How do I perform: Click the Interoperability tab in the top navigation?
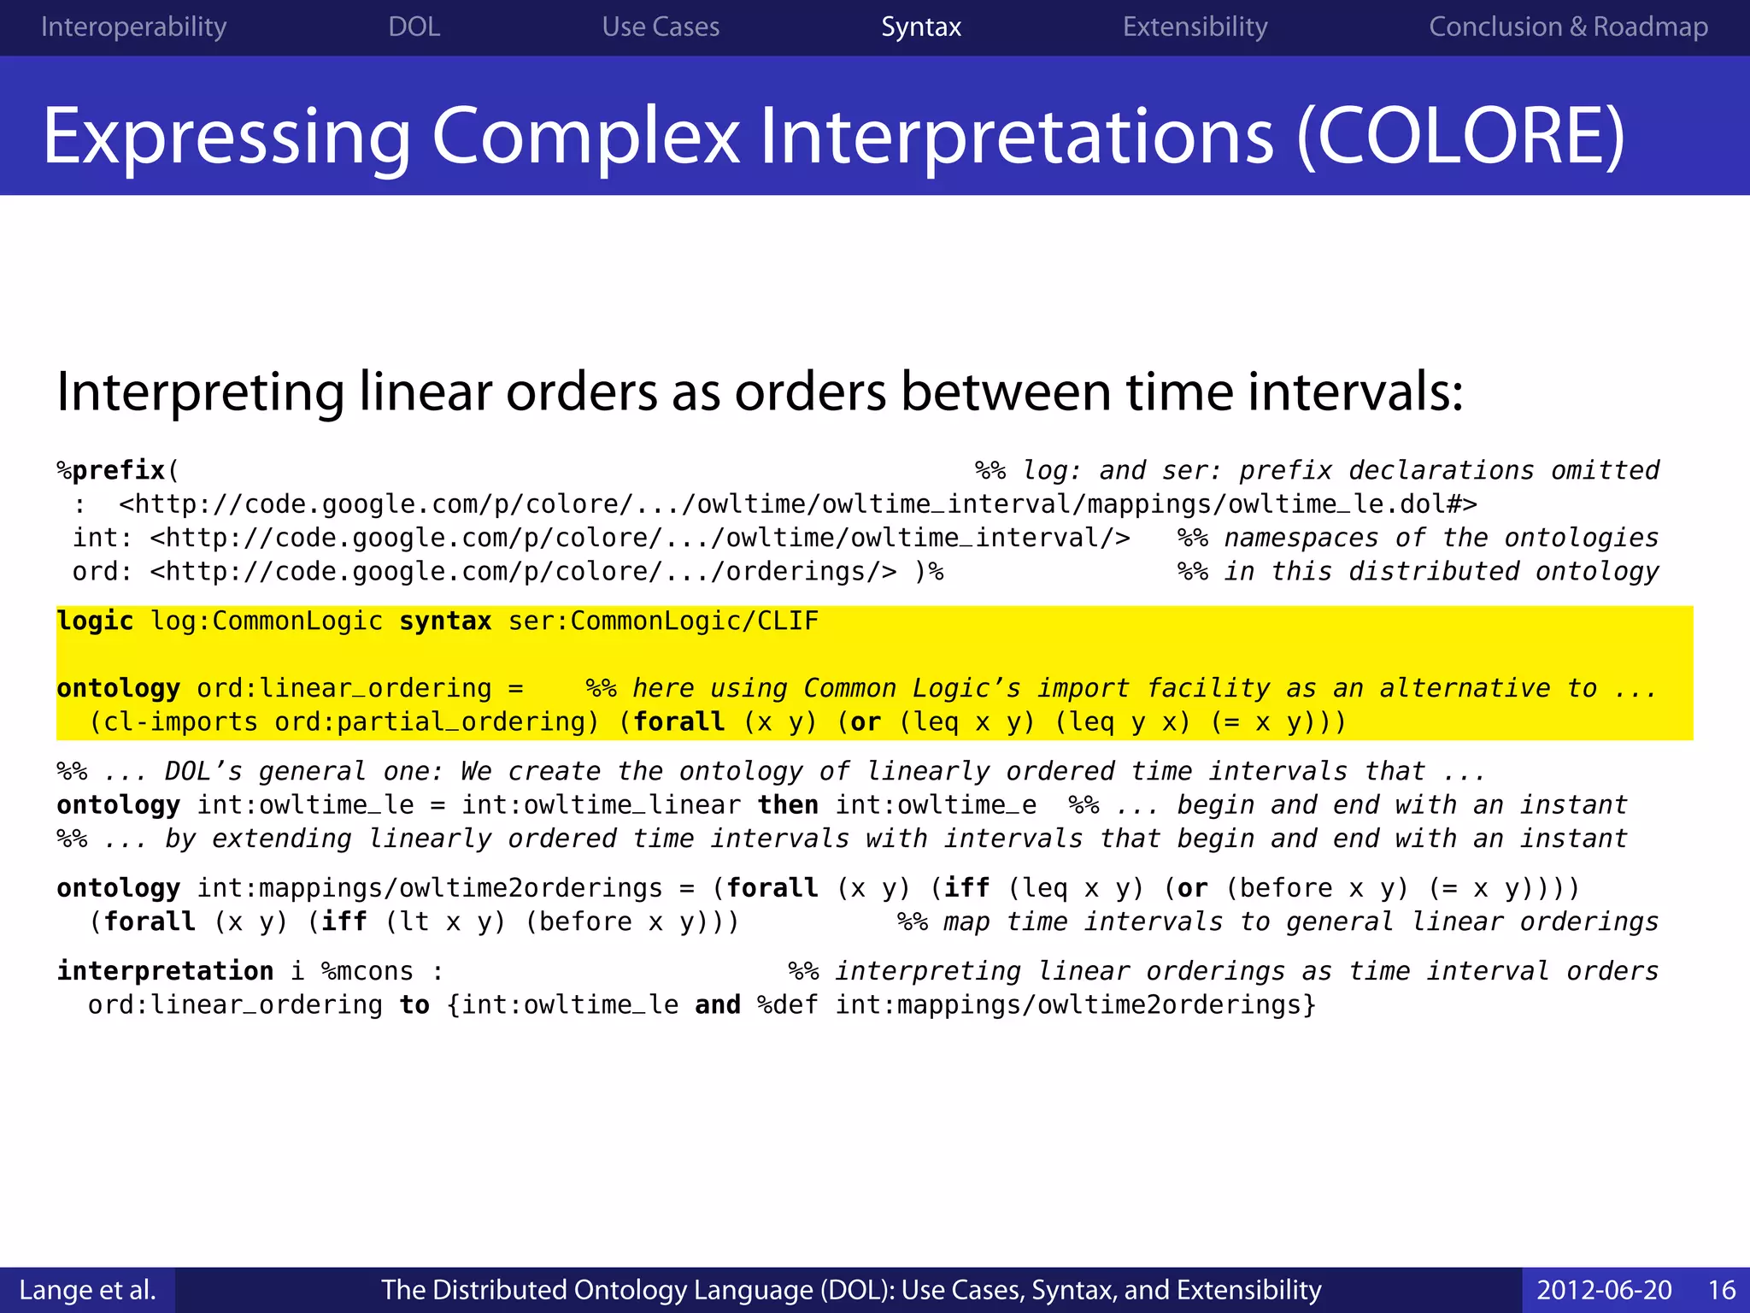pyautogui.click(x=133, y=26)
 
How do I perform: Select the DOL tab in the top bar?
pyautogui.click(x=414, y=26)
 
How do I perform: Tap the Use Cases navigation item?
pyautogui.click(x=661, y=26)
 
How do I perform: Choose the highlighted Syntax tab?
pyautogui.click(x=921, y=26)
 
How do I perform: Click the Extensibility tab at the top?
pyautogui.click(x=1195, y=26)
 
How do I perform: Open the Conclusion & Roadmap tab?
pyautogui.click(x=1568, y=26)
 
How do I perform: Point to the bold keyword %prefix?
pyautogui.click(x=112, y=470)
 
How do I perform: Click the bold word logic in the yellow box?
pyautogui.click(x=95, y=621)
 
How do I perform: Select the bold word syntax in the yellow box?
pyautogui.click(x=445, y=621)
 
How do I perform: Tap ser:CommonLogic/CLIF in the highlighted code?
pyautogui.click(x=663, y=621)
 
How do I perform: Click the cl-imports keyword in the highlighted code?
pyautogui.click(x=180, y=722)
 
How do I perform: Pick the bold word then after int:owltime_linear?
pyautogui.click(x=788, y=805)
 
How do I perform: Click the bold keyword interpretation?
pyautogui.click(x=165, y=971)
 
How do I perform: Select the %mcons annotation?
pyautogui.click(x=367, y=971)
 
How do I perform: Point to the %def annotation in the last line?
pyautogui.click(x=787, y=1005)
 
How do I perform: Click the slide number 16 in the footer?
pyautogui.click(x=1721, y=1289)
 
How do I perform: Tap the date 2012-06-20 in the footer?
pyautogui.click(x=1604, y=1289)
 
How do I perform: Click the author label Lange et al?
pyautogui.click(x=87, y=1289)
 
